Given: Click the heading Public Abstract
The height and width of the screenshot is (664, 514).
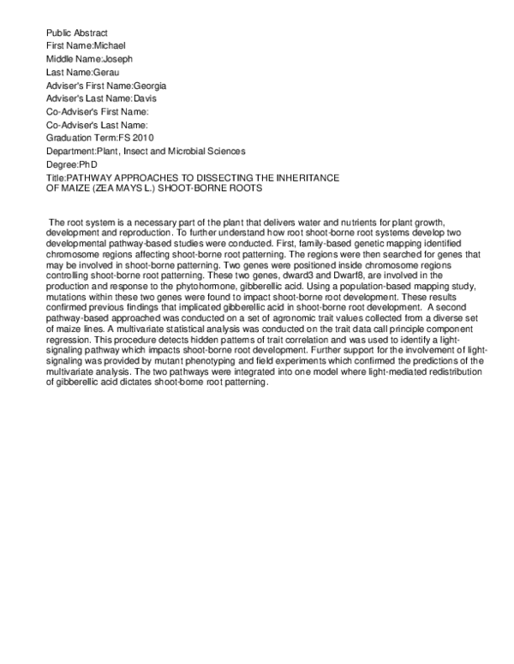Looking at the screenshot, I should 77,32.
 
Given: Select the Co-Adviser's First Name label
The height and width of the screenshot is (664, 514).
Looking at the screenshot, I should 98,111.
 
